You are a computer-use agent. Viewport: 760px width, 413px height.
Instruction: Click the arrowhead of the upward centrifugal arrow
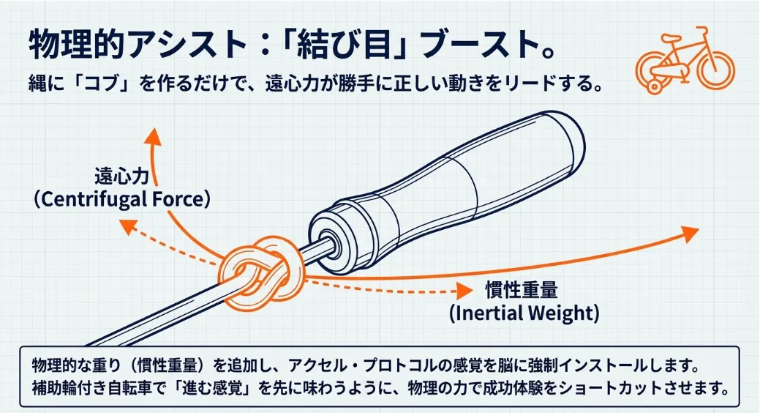(153, 134)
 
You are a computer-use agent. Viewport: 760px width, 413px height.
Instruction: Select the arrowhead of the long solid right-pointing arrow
(688, 234)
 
